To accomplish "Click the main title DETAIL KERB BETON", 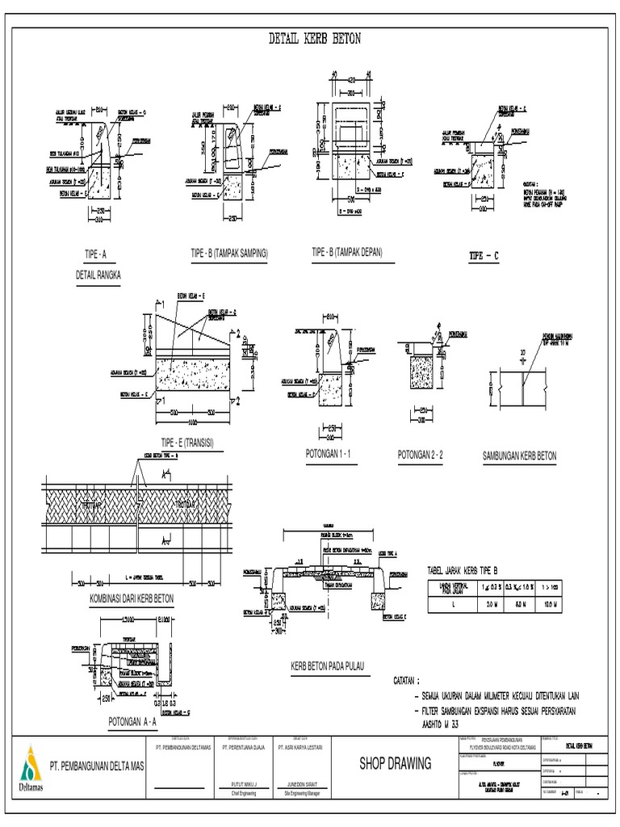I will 314,38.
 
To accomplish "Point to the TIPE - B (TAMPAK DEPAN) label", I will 347,253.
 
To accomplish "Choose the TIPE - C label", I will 484,256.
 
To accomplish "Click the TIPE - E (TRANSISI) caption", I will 192,443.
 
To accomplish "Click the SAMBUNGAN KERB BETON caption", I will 519,456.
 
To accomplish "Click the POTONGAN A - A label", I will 132,721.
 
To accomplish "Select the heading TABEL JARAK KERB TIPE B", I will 470,570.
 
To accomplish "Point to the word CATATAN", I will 412,681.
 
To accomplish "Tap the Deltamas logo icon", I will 30,763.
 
